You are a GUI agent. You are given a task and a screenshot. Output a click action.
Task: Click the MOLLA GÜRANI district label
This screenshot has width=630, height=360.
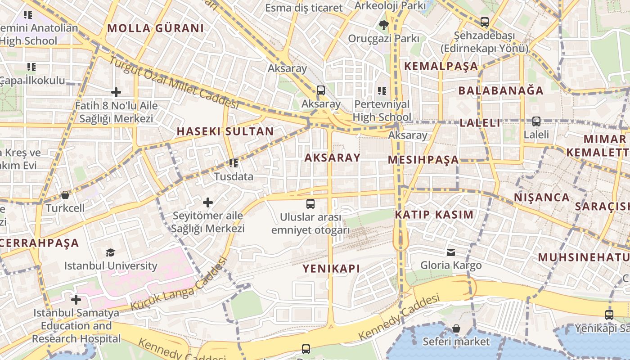155,28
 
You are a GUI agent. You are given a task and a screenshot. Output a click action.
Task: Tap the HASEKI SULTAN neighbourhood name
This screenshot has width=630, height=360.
225,132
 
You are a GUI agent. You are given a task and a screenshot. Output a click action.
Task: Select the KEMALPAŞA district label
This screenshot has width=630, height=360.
441,66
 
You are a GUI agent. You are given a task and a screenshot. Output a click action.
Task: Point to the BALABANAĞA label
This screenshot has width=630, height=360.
501,90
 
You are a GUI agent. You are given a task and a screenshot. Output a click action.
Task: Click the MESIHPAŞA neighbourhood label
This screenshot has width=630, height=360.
423,160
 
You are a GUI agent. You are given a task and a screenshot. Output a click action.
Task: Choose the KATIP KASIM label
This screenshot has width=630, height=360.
434,215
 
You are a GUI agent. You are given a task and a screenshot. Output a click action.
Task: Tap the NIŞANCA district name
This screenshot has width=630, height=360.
542,198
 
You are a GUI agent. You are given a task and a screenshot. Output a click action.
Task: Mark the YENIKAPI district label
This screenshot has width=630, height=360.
331,269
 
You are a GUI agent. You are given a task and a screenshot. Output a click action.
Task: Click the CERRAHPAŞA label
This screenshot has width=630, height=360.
40,243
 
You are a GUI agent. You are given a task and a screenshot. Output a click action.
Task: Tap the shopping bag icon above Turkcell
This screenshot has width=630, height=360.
65,195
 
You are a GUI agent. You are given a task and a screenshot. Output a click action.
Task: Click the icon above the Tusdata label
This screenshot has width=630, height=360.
233,163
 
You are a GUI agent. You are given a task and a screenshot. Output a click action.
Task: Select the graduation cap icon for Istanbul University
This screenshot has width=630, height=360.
110,252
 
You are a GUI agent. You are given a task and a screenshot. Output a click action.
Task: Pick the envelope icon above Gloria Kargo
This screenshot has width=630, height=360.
451,252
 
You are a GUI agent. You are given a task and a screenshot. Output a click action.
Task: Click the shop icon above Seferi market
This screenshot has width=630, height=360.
456,328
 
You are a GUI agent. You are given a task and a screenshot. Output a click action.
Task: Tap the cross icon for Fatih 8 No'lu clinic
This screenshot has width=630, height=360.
116,93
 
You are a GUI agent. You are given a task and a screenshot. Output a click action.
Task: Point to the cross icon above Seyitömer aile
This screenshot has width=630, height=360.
208,202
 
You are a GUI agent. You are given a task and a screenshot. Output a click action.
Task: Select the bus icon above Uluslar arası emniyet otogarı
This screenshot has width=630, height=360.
310,204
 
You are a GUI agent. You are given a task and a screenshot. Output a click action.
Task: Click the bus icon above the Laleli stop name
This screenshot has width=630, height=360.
536,121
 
